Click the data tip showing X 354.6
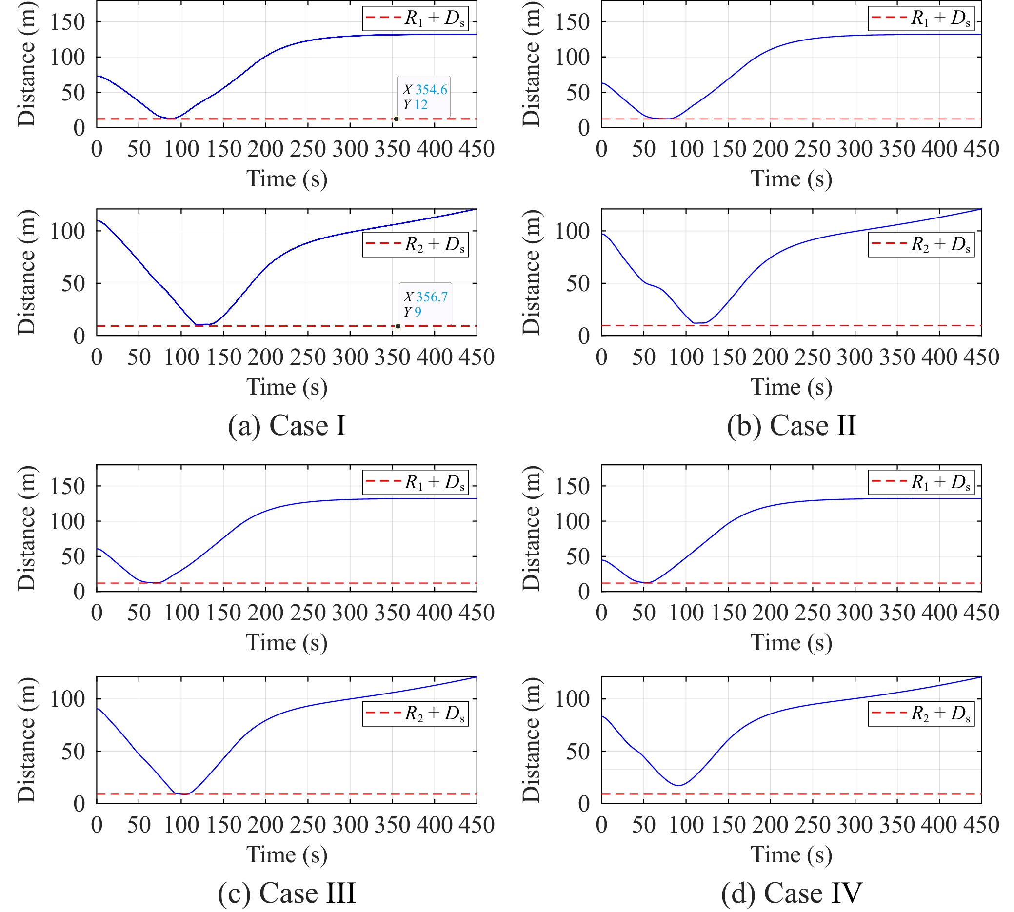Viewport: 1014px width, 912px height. [423, 97]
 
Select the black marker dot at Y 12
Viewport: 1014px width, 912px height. [396, 119]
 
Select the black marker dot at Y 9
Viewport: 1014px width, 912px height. [398, 326]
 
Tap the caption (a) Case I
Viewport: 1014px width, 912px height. [287, 426]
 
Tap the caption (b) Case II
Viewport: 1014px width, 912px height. [792, 426]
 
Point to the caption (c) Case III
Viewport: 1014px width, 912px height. [287, 892]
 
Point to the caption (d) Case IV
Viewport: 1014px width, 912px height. [792, 892]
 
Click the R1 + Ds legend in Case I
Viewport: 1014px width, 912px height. [416, 18]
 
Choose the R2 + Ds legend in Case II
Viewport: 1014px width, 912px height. [921, 244]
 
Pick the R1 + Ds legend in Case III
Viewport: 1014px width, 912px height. [416, 482]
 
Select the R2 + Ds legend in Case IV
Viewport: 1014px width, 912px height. [921, 713]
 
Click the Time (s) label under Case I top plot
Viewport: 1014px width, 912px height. [287, 179]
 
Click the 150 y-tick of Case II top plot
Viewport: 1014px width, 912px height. [572, 21]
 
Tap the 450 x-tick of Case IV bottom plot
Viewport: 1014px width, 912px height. [980, 824]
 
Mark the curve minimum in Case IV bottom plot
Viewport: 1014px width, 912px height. [678, 785]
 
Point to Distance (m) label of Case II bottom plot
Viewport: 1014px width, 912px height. [531, 272]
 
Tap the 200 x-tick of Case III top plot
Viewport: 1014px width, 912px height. [265, 613]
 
